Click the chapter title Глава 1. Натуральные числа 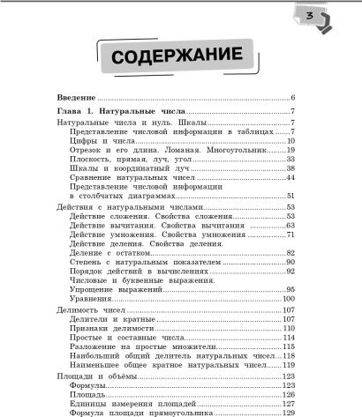click(120, 112)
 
